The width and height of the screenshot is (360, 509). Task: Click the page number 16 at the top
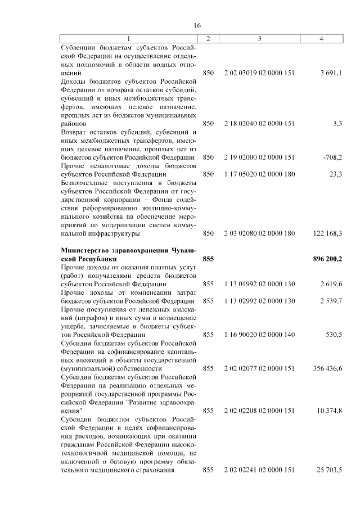click(197, 25)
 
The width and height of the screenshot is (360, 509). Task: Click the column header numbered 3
click(259, 39)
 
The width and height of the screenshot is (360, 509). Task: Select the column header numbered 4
click(321, 39)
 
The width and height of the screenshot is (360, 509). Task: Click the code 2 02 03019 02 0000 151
click(259, 73)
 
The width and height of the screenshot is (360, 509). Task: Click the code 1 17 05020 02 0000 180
click(259, 174)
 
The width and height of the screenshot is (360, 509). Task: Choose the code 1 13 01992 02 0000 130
click(259, 284)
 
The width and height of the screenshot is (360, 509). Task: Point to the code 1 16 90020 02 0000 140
click(259, 334)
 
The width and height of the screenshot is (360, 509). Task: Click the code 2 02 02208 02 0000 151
click(259, 411)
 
